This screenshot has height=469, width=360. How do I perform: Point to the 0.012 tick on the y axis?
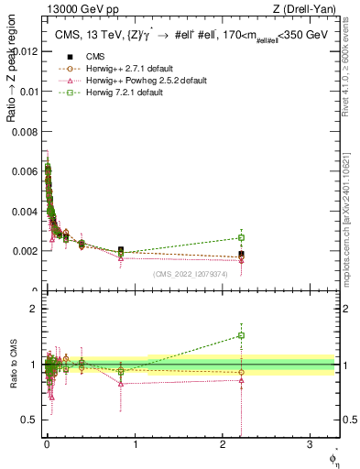26,51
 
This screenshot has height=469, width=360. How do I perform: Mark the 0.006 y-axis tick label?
26,171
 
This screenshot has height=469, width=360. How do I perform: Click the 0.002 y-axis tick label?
26,250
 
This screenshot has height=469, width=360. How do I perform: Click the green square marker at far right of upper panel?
242,238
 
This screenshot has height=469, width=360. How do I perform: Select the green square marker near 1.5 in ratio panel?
242,335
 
